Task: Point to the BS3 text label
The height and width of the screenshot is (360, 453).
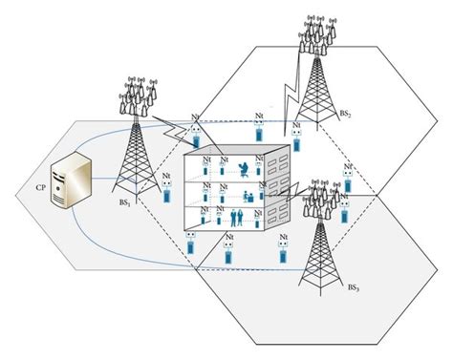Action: [x=353, y=287]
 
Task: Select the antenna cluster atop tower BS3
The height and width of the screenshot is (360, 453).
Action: [x=319, y=196]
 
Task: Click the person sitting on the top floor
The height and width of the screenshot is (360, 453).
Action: [x=245, y=169]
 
